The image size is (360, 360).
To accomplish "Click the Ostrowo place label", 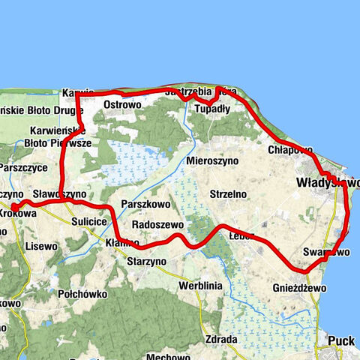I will (x=122, y=104).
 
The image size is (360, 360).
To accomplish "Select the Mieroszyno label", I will (x=213, y=160).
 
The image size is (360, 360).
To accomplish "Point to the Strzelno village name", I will (x=229, y=193).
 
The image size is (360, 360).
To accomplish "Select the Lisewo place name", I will (x=41, y=245).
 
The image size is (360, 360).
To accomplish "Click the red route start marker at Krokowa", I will (x=14, y=207).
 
